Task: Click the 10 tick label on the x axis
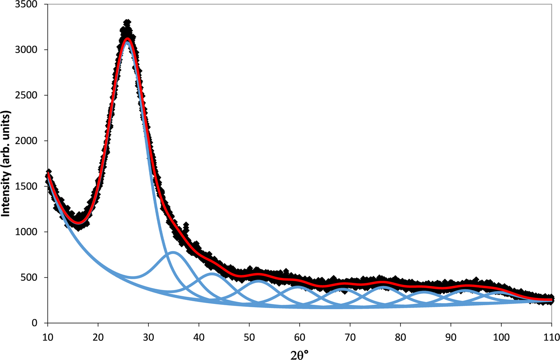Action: [x=48, y=337]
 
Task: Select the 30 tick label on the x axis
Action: [x=148, y=337]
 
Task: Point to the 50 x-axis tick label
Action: [x=249, y=337]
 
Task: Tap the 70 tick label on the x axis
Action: [x=350, y=337]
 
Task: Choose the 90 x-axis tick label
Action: [x=451, y=337]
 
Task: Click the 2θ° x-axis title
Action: [x=300, y=354]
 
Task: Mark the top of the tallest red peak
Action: [x=127, y=39]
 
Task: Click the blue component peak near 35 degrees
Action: [x=173, y=252]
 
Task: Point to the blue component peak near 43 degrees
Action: [x=212, y=274]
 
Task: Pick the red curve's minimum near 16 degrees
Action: [x=79, y=222]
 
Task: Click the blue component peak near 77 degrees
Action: [x=384, y=287]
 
